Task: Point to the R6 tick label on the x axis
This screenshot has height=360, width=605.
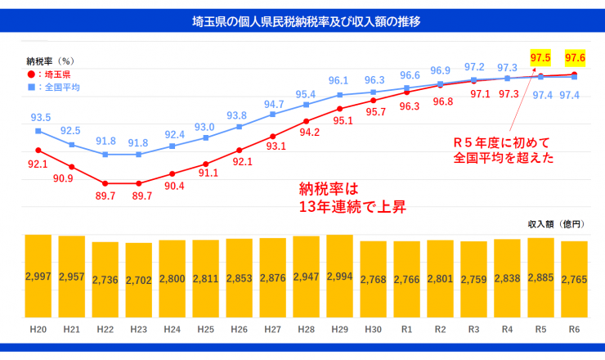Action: click(574, 331)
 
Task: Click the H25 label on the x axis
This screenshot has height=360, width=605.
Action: click(205, 331)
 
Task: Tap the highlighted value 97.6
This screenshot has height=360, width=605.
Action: click(574, 57)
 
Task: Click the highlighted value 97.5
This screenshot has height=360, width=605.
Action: click(540, 57)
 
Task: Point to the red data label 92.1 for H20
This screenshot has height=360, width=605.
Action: click(38, 164)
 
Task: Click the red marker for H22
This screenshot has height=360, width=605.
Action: click(105, 183)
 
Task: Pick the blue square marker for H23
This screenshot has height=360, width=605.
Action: click(138, 154)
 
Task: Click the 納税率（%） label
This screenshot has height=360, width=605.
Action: click(51, 61)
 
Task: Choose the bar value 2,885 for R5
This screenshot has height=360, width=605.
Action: click(540, 279)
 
